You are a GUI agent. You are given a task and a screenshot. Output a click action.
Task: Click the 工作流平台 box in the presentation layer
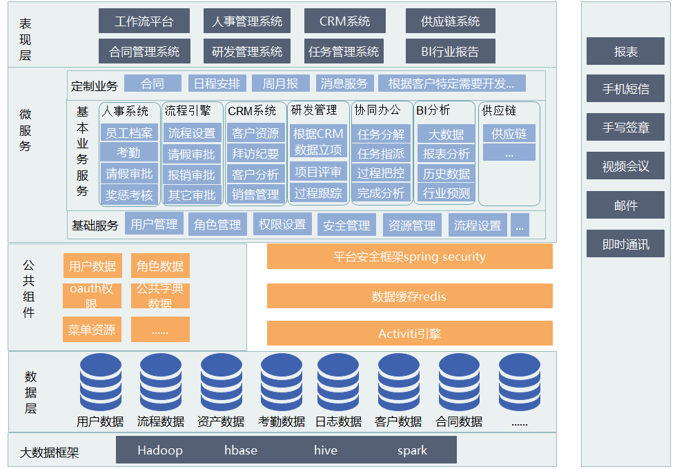click(144, 21)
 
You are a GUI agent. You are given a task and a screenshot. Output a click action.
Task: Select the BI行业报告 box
click(450, 52)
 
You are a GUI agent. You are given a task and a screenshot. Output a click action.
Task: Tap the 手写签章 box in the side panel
click(625, 128)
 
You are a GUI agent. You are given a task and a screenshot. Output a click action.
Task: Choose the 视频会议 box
click(625, 166)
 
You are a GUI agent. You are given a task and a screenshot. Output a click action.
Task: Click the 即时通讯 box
click(625, 244)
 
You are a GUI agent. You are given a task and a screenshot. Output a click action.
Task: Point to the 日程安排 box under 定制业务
click(217, 84)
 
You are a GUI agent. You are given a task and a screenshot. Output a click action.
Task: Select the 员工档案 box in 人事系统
click(129, 133)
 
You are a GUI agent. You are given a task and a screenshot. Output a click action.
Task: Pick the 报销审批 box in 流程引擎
click(192, 174)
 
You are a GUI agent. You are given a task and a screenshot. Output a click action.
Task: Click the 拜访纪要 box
click(255, 154)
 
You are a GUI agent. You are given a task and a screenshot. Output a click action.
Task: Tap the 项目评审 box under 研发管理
click(318, 172)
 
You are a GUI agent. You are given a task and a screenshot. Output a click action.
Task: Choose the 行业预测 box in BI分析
click(446, 194)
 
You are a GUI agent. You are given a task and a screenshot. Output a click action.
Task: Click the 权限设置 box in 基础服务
click(282, 225)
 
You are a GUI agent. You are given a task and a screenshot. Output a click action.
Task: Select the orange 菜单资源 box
click(92, 330)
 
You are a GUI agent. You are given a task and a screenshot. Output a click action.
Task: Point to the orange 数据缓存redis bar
click(409, 297)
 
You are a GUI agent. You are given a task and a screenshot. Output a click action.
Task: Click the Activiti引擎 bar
click(409, 334)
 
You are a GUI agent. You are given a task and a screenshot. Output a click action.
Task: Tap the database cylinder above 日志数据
click(338, 383)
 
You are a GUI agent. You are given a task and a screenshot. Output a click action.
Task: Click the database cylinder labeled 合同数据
click(459, 383)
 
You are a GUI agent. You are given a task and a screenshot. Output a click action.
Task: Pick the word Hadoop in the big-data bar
click(160, 450)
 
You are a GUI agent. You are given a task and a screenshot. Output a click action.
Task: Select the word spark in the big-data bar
click(412, 450)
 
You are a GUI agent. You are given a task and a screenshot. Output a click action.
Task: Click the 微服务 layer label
click(26, 130)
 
